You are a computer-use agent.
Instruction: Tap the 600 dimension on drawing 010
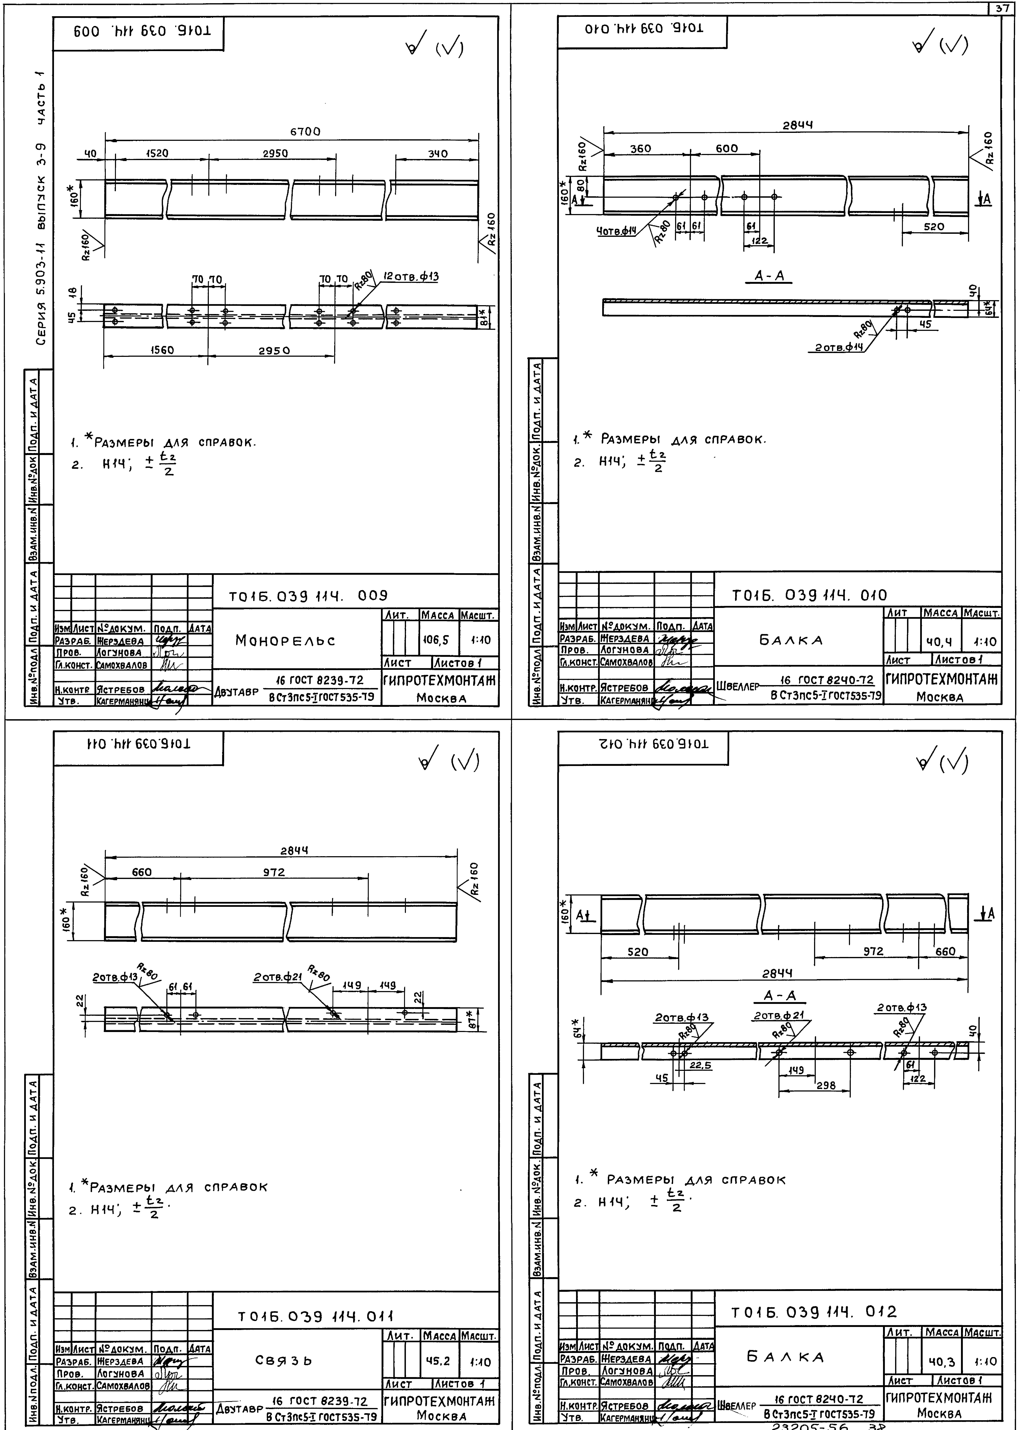(x=727, y=149)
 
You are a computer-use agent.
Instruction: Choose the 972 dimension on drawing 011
(x=274, y=872)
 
